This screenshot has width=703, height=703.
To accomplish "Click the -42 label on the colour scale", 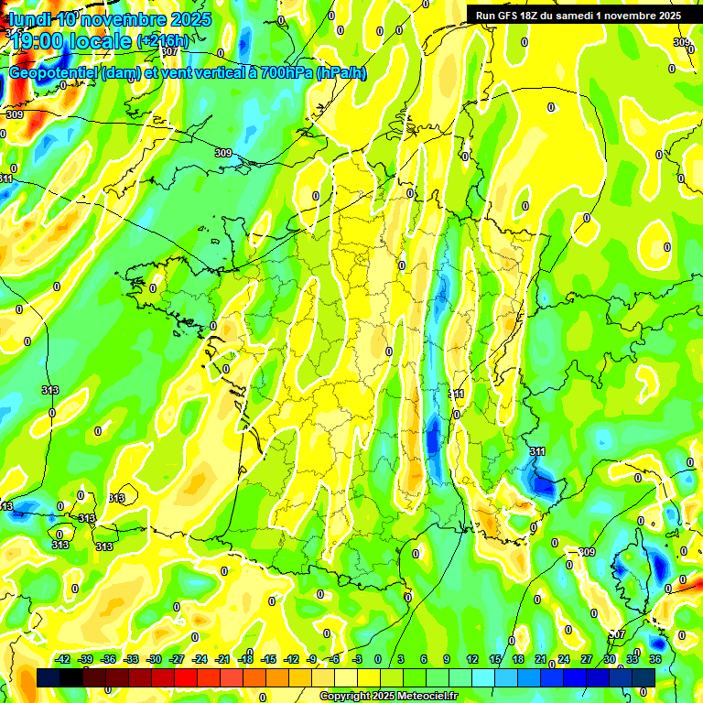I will (x=63, y=659).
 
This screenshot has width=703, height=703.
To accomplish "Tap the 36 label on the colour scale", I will (x=656, y=659).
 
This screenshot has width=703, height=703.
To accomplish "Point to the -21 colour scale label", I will (x=222, y=659).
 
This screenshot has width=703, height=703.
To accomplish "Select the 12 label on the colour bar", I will (x=472, y=659).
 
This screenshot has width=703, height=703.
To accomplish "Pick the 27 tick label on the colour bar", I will (x=587, y=659).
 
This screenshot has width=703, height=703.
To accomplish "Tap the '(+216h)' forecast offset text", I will (x=163, y=41).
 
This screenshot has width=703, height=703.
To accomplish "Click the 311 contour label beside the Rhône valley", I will (x=457, y=394).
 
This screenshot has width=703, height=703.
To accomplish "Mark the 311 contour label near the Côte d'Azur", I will (x=537, y=451).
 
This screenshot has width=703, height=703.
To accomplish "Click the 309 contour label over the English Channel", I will (x=223, y=153).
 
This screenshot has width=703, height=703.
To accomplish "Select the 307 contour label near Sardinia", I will (x=619, y=633).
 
